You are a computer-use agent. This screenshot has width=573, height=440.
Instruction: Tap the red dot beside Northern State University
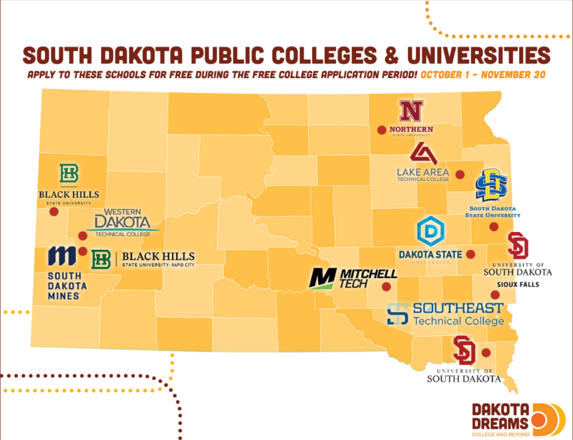pos(381,130)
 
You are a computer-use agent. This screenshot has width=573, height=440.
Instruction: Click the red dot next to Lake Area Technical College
pos(460,174)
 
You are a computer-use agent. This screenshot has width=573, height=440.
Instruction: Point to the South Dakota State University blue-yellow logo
pos(491,185)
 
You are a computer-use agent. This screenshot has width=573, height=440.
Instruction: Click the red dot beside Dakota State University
pos(471,254)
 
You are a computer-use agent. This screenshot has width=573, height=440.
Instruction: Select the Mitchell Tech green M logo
pos(323,278)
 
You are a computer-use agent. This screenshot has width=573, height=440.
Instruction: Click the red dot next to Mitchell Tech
pos(386,287)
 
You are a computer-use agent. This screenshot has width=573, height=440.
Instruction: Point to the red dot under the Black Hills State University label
pos(54,212)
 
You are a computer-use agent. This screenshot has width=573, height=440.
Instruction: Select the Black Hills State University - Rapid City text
pos(158,259)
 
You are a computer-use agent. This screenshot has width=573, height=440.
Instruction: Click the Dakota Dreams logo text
pos(500,417)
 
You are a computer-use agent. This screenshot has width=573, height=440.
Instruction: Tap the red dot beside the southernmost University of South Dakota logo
pos(486,353)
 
